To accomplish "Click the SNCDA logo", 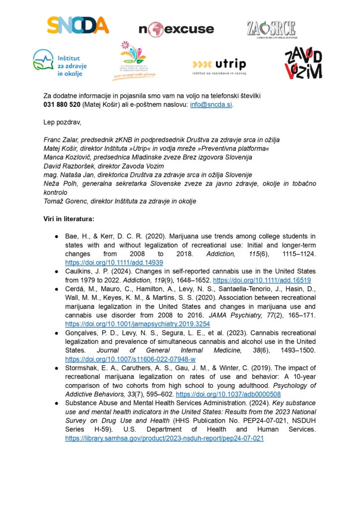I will [x=77, y=25].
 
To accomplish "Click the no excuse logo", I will [x=176, y=29].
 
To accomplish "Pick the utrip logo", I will [x=218, y=65].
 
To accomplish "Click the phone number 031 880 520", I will [x=62, y=105].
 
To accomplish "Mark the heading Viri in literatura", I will [x=73, y=219].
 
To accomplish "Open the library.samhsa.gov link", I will [x=164, y=439].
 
